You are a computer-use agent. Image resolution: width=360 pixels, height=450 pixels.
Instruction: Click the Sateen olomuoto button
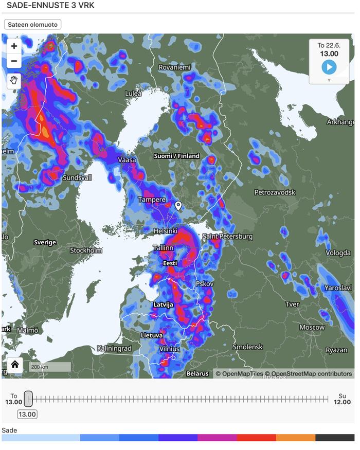[x=33, y=24]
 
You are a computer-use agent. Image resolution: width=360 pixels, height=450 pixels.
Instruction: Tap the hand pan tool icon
[x=14, y=80]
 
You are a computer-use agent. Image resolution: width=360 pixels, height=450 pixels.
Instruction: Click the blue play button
[x=329, y=67]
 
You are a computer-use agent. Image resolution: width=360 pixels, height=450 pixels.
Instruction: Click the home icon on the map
[x=14, y=365]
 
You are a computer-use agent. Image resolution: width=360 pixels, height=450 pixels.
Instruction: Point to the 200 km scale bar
[x=49, y=367]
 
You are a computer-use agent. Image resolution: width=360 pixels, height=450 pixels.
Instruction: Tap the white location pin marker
[x=178, y=206]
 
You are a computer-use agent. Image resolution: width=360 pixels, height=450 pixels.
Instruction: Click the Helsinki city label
[x=166, y=231]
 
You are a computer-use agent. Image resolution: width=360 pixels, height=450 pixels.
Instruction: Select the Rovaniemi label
[x=174, y=67]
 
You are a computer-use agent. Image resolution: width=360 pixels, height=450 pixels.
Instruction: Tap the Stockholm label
[x=86, y=250]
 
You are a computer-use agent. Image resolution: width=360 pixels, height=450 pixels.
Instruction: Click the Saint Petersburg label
[x=227, y=237]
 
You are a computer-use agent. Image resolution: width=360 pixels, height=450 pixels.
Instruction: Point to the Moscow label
[x=312, y=327]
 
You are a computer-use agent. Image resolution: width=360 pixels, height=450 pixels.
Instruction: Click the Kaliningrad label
[x=114, y=348]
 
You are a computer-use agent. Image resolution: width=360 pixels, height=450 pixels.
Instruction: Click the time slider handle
[x=29, y=399]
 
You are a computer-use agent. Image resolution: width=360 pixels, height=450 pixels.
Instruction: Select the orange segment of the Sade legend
[x=295, y=438]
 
